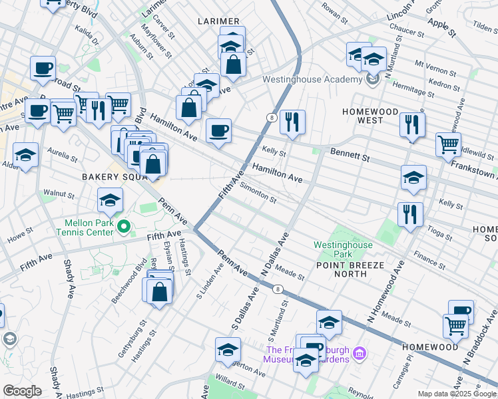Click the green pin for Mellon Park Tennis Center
[x=123, y=227]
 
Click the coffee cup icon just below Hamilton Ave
[x=218, y=130]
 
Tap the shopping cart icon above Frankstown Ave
[x=448, y=144]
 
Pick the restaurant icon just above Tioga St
[x=410, y=214]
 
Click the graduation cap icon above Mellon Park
[x=111, y=199]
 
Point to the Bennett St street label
[x=350, y=155]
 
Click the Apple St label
[x=442, y=27]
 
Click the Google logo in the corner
[x=22, y=391]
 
